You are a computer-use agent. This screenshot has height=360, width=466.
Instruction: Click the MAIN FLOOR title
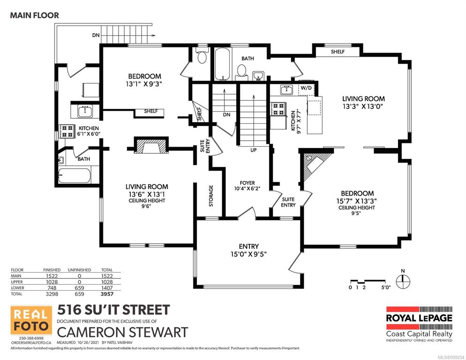click(35, 15)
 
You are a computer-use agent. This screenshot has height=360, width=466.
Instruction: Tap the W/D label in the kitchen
click(306, 88)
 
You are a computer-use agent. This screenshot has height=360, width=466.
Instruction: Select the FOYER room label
click(247, 183)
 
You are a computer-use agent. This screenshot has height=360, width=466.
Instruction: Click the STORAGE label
click(211, 196)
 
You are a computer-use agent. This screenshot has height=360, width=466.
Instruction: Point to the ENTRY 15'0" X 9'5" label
click(249, 250)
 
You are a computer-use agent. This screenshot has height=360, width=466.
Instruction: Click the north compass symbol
click(403, 280)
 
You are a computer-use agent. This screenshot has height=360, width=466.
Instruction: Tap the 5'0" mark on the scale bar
click(386, 287)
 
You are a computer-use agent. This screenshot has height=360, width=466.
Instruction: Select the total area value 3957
click(107, 294)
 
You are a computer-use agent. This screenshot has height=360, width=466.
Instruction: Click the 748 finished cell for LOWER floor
click(52, 288)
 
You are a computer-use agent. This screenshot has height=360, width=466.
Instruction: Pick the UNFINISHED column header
click(79, 270)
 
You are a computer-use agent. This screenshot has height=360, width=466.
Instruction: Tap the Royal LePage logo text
click(419, 318)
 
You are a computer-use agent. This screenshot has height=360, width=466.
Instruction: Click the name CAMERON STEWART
click(122, 332)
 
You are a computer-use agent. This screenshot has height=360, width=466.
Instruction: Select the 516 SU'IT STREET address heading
click(113, 310)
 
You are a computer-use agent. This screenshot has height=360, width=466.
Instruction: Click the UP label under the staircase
click(253, 150)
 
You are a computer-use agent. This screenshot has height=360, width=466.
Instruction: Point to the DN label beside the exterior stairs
click(96, 35)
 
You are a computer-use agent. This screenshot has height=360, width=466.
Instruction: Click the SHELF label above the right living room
click(338, 52)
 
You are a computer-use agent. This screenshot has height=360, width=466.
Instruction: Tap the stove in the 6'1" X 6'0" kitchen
click(66, 131)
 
